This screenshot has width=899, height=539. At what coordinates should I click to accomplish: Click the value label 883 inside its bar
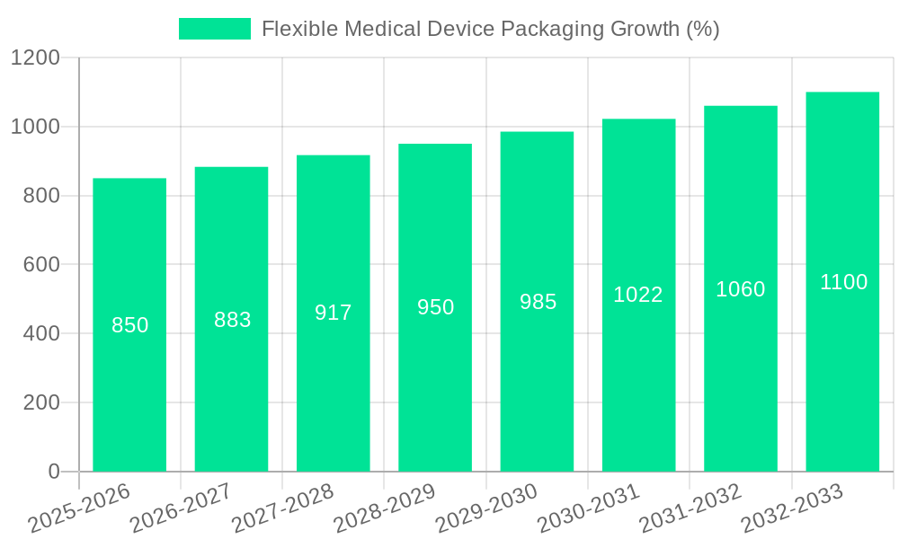(x=232, y=320)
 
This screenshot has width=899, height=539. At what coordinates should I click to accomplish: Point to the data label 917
(x=334, y=313)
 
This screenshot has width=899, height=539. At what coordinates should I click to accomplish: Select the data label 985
(x=538, y=302)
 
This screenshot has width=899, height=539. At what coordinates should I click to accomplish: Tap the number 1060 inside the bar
(x=740, y=289)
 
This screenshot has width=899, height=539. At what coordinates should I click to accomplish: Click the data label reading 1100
(x=843, y=282)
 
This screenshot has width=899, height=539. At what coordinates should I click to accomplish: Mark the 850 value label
(x=129, y=325)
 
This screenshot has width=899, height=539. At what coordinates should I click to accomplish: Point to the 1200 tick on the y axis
(x=35, y=58)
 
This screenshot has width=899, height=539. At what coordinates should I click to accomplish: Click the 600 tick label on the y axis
(x=40, y=265)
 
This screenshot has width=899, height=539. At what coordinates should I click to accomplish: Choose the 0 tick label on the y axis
(x=53, y=472)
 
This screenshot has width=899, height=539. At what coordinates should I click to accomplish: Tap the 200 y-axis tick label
(x=40, y=402)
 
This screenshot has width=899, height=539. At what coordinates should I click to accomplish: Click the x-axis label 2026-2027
(x=181, y=508)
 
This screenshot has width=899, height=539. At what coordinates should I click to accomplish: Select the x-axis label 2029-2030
(x=486, y=508)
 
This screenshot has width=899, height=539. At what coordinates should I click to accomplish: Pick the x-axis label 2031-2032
(x=690, y=508)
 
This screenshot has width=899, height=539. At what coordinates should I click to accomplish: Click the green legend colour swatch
(x=215, y=29)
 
